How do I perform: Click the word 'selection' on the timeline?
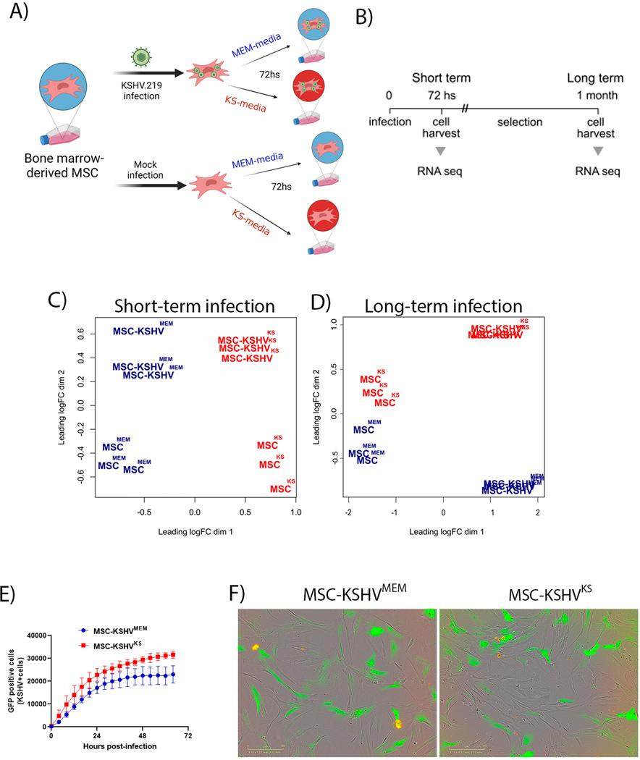(x=519, y=122)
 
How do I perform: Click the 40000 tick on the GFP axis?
(x=33, y=635)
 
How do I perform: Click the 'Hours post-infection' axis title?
(x=119, y=747)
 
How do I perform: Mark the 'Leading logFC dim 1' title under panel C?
(x=194, y=531)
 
